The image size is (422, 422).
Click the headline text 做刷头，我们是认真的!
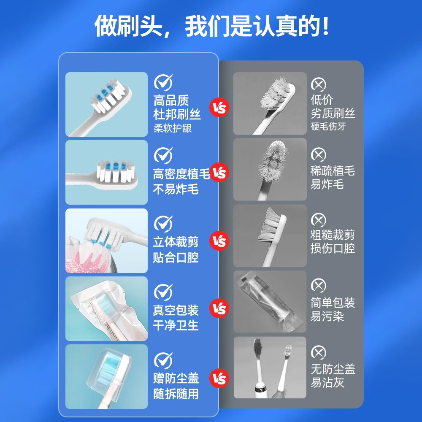point(211,26)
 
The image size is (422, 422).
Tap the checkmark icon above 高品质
point(163,82)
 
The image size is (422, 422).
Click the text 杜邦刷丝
point(177,114)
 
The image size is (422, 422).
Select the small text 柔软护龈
point(173,128)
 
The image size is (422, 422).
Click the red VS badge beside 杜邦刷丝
point(219,107)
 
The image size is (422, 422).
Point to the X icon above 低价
point(318,84)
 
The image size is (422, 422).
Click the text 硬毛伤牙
point(328,126)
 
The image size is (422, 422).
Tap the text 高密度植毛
point(181,174)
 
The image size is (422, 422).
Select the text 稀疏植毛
point(333,170)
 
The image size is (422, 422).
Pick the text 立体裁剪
point(176,242)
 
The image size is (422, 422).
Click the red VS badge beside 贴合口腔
point(219,241)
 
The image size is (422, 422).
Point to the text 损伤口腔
point(333,248)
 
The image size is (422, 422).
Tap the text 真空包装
point(176,310)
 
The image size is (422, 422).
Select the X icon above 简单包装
point(318,285)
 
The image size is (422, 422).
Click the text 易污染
point(327,316)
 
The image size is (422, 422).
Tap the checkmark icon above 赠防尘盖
point(163,360)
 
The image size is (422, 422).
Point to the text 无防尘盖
point(333,369)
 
